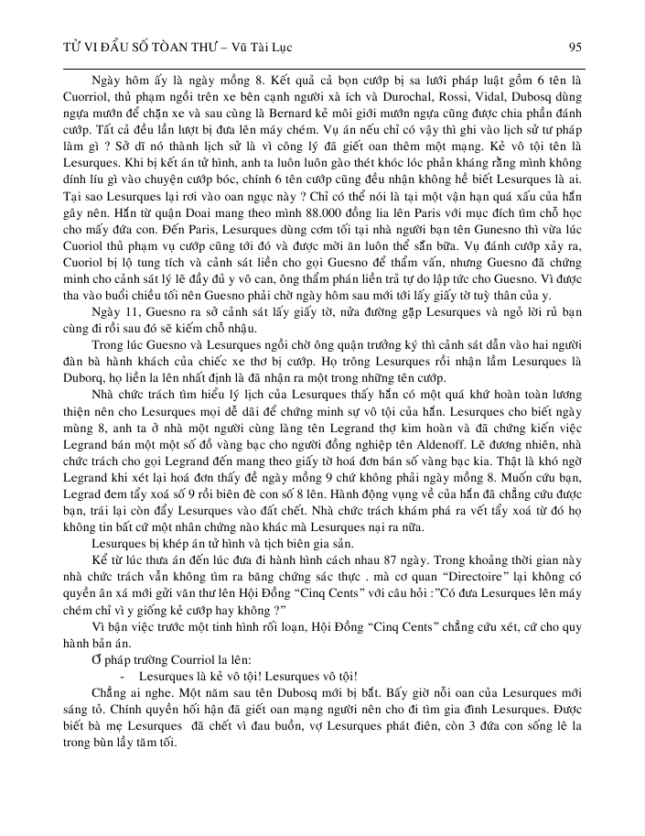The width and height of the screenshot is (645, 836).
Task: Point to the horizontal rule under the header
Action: [322, 67]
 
